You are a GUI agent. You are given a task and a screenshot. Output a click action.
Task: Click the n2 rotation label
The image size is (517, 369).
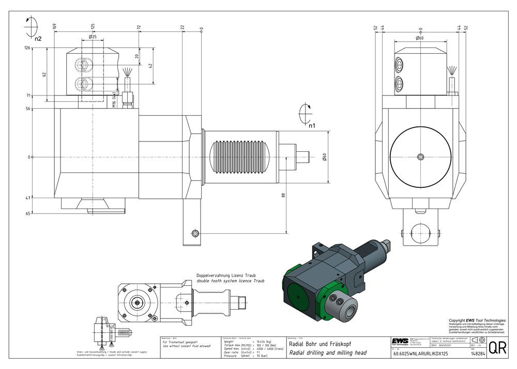coord(38,38)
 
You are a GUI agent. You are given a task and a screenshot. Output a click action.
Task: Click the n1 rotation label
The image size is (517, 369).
coord(312,125)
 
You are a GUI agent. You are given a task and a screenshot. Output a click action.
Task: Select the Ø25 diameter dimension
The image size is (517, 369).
coord(93,37)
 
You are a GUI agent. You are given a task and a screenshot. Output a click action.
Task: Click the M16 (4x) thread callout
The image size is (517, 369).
coord(114,98)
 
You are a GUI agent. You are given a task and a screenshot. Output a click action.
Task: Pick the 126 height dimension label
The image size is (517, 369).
coord(27,48)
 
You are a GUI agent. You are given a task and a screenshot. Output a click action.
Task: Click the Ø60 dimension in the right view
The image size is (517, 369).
coord(420,38)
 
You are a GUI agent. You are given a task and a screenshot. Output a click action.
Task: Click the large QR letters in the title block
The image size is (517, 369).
coord(497,347)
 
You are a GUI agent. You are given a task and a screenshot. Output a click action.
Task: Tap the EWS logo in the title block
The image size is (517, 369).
coord(399,342)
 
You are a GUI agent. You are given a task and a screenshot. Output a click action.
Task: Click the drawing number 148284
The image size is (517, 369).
coord(478,354)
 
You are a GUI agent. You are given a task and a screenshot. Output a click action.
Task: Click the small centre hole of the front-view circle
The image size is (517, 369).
coord(420,156)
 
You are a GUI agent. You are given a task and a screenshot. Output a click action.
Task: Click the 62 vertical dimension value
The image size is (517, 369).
coord(44,74)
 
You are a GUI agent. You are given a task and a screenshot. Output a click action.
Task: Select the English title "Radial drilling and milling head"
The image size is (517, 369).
coord(327,353)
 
